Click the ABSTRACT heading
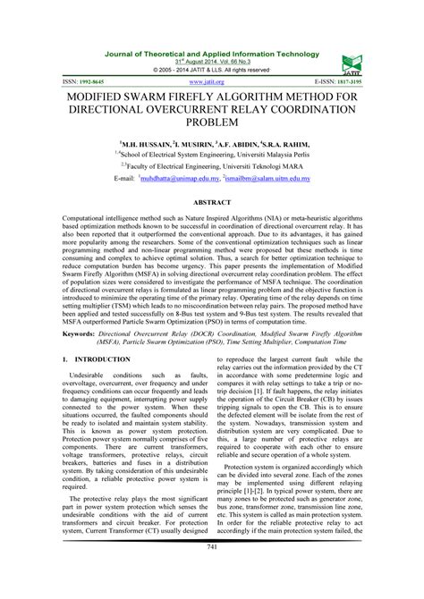(212, 205)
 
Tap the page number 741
(212, 571)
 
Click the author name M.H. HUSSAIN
(146, 142)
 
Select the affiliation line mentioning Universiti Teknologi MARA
(212, 166)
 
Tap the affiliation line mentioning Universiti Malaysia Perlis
(212, 154)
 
